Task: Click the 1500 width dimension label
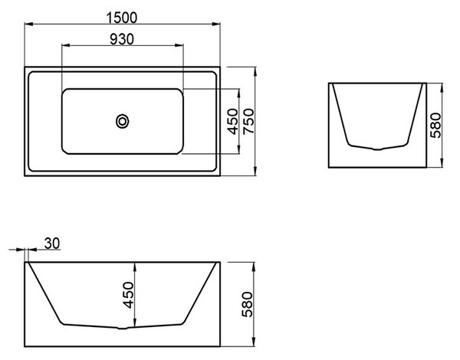(122, 18)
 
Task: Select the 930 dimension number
(122, 39)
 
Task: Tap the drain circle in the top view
(123, 121)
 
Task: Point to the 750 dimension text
(249, 121)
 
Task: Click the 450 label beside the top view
(234, 121)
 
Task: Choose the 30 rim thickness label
(52, 244)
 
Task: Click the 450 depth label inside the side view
(128, 295)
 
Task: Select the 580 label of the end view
(435, 125)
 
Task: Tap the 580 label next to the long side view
(248, 304)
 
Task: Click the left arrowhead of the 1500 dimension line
(28, 24)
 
